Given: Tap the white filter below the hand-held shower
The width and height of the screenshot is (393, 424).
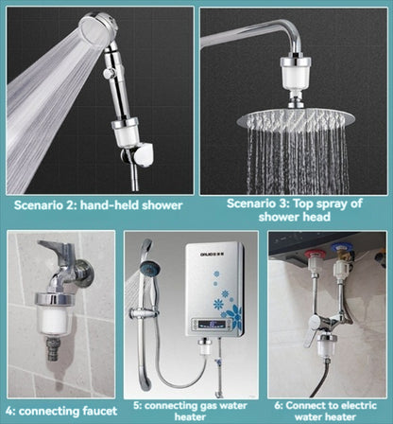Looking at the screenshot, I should tap(123, 137).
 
